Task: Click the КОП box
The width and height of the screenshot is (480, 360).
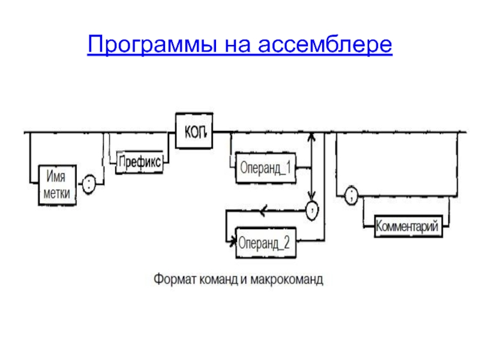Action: point(194,131)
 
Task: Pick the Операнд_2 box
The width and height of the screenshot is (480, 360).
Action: point(265,243)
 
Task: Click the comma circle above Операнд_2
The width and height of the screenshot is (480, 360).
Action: point(313,210)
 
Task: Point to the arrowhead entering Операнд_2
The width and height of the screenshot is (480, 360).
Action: point(233,243)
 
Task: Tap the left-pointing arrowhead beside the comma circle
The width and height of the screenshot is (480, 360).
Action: point(262,210)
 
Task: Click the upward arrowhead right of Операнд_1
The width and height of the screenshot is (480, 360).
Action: point(311,136)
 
